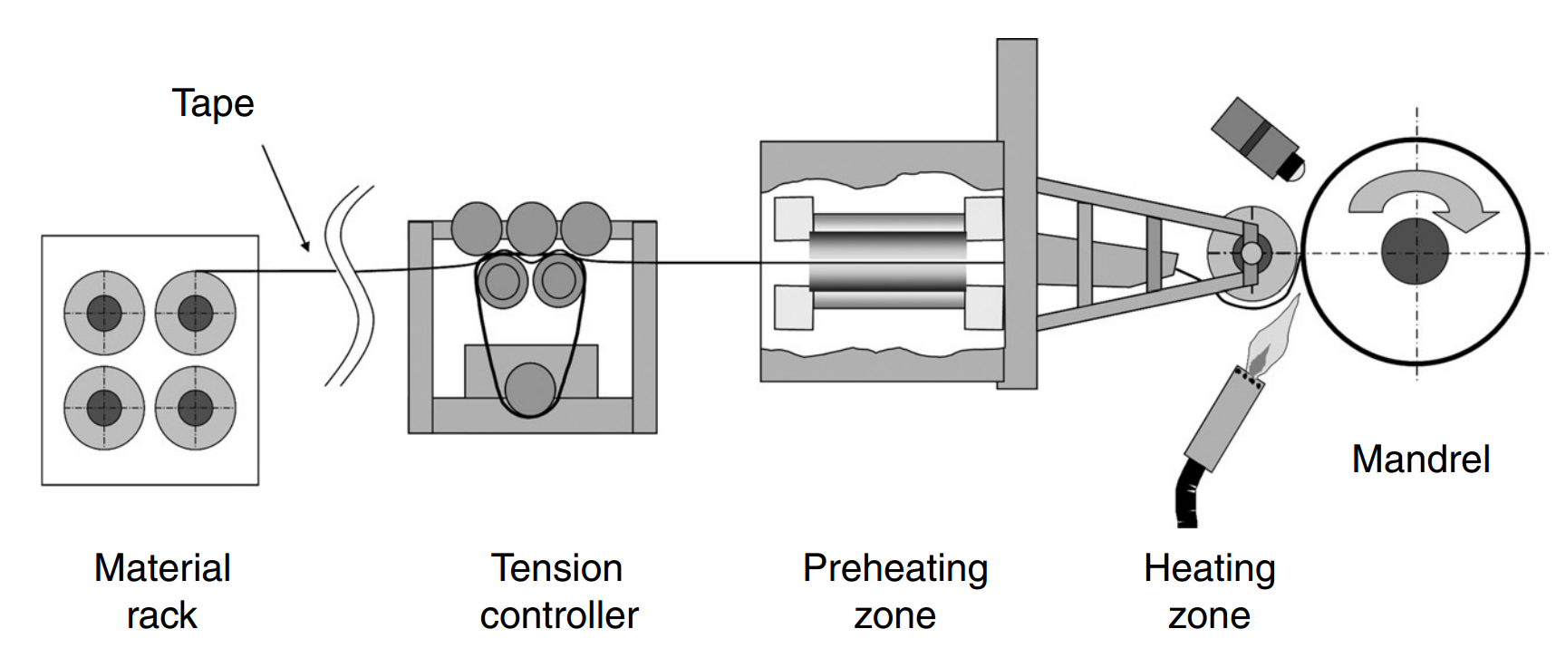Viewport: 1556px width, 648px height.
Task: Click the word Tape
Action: [213, 104]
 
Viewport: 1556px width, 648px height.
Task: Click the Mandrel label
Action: [1420, 459]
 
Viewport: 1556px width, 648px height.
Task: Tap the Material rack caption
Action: [162, 591]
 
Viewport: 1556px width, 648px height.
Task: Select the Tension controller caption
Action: [558, 591]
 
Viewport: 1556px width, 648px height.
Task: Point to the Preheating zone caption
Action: [894, 591]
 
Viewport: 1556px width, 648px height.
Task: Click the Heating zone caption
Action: [1209, 591]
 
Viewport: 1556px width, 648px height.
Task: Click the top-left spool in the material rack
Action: [104, 314]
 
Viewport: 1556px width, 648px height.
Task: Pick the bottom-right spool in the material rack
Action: [195, 408]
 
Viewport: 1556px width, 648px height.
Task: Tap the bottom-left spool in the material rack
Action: [104, 408]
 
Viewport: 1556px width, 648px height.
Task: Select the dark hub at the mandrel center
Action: [1416, 252]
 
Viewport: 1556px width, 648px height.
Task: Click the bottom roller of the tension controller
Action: [530, 389]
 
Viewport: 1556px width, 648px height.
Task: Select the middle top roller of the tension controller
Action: [532, 228]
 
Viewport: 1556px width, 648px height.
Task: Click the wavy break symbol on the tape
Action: [350, 285]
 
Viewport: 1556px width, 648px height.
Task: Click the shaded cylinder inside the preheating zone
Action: [888, 261]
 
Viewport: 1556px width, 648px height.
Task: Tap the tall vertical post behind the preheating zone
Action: [1017, 213]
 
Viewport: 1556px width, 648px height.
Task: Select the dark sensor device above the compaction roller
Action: [1256, 136]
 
